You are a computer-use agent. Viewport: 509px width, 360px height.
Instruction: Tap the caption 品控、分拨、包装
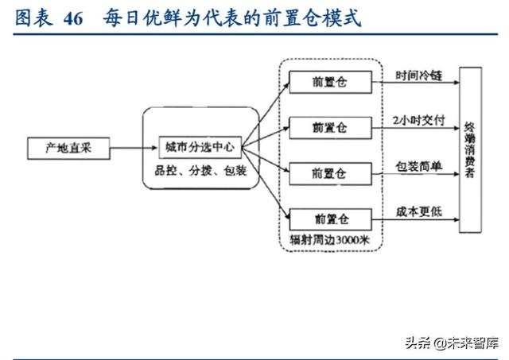[x=200, y=171]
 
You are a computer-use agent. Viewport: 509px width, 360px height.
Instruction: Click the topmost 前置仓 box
[x=329, y=80]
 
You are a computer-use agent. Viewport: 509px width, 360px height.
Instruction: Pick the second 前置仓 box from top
[x=329, y=126]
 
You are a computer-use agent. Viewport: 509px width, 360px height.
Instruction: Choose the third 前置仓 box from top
[x=329, y=172]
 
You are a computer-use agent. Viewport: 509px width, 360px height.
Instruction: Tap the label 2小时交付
[x=419, y=120]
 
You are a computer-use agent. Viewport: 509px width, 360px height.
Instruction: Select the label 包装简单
[x=419, y=166]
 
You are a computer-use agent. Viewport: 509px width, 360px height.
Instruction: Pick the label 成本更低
[x=419, y=212]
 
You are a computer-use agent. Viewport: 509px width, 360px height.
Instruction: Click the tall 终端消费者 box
[x=470, y=149]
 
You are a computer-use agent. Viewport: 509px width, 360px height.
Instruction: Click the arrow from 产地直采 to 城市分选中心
[x=131, y=149]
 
